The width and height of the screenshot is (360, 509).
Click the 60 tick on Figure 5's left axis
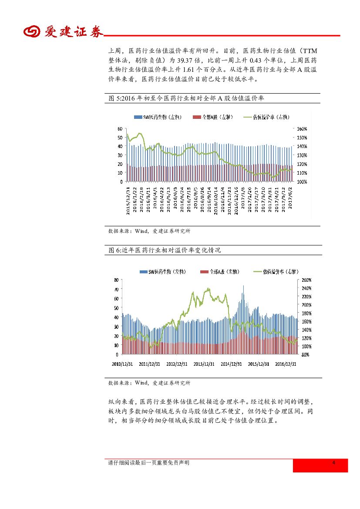coord(119,129)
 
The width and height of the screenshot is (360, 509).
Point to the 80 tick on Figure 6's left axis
coord(116,280)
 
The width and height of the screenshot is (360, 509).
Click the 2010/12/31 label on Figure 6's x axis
coord(122,364)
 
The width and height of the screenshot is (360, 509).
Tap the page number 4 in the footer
coord(333,462)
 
